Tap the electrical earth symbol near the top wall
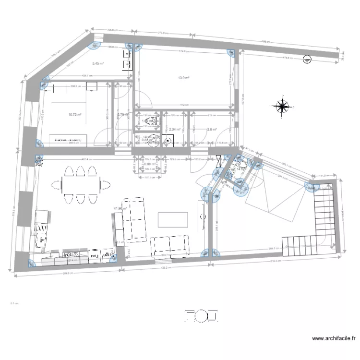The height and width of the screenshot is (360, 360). (x=307, y=60)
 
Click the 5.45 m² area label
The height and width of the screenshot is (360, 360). (x=98, y=63)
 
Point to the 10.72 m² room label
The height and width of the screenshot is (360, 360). (x=75, y=115)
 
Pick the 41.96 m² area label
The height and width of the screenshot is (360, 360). (x=119, y=208)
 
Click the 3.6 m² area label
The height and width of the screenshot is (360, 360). (x=212, y=129)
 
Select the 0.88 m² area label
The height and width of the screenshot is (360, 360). (x=149, y=164)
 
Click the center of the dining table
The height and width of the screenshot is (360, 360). (x=81, y=183)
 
